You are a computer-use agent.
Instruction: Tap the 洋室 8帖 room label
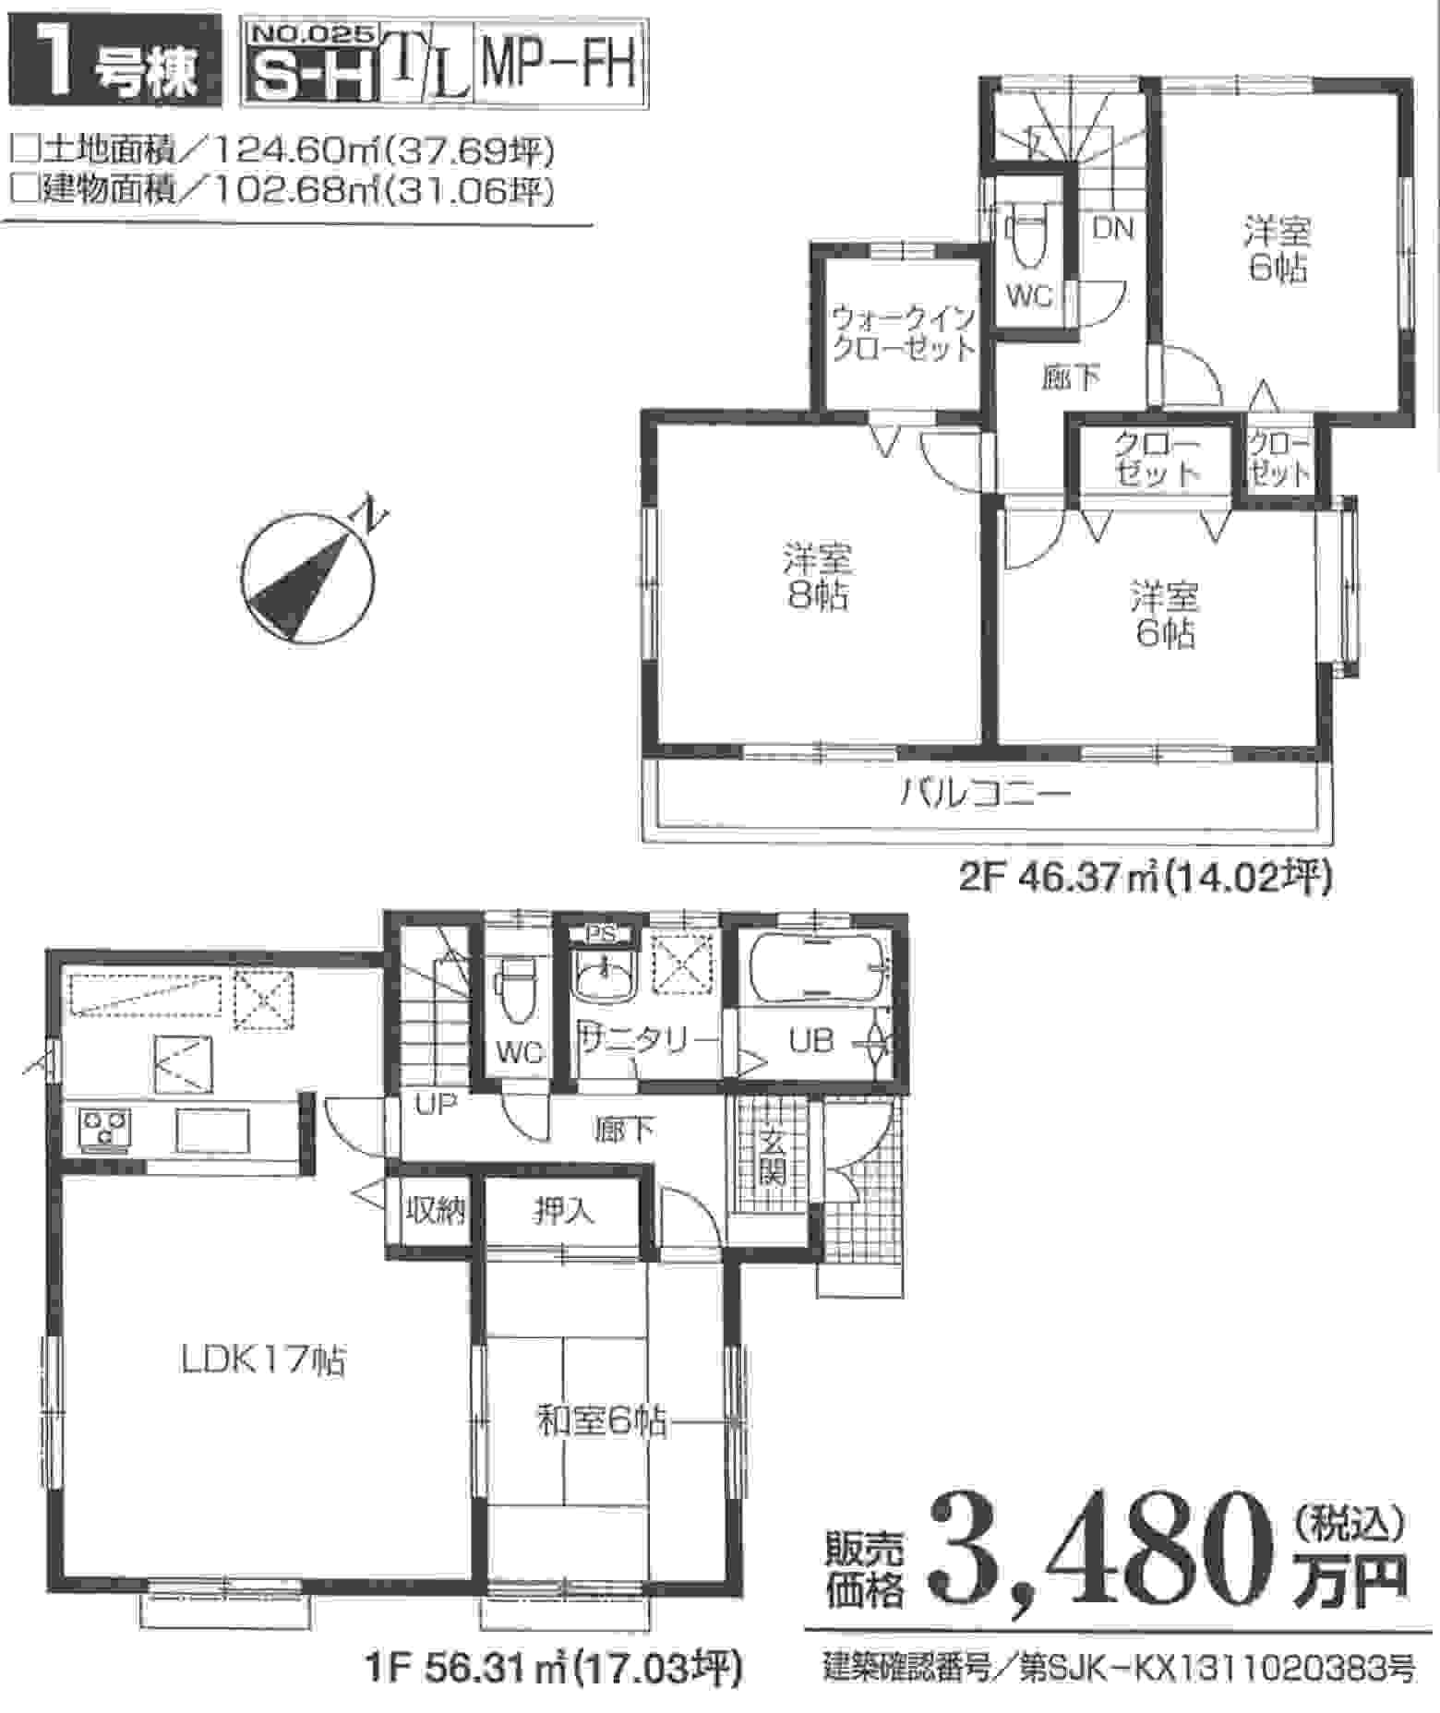point(817,576)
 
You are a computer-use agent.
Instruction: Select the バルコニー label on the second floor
point(985,793)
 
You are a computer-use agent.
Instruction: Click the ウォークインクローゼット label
point(903,333)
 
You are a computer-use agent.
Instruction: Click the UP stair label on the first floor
point(436,1104)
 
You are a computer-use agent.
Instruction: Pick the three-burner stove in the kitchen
point(106,1129)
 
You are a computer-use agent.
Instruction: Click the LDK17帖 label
point(263,1360)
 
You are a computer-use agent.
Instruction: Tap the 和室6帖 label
point(603,1420)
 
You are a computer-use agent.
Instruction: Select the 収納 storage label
point(434,1210)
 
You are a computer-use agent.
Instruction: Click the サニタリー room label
point(648,1042)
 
